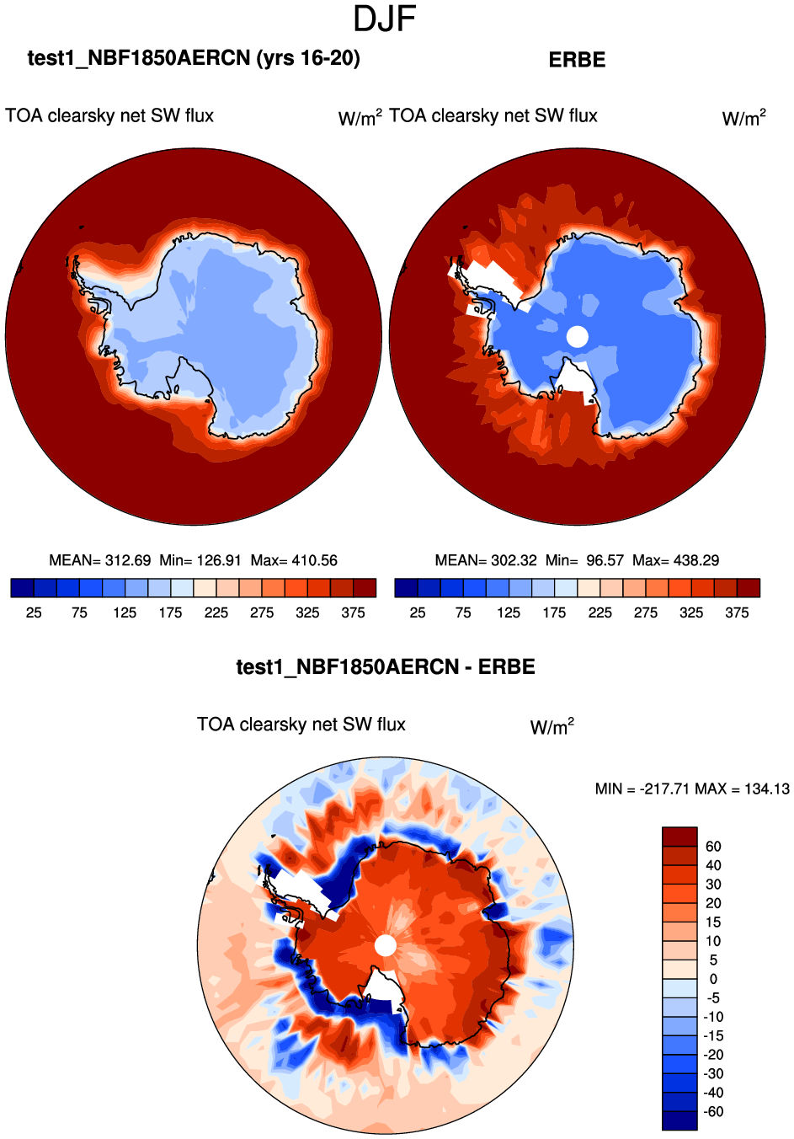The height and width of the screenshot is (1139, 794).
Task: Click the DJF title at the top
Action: [385, 19]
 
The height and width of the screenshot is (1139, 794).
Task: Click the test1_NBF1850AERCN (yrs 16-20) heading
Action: [194, 58]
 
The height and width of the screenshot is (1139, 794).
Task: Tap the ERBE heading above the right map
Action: [577, 60]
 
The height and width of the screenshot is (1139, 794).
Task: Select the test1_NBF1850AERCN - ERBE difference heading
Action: [386, 667]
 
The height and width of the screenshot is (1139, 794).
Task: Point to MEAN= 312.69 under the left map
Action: [100, 560]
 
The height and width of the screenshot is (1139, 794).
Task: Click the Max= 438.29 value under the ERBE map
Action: [675, 560]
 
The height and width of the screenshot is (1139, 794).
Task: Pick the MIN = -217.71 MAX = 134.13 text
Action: [692, 789]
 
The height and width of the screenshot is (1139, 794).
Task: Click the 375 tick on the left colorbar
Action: [353, 612]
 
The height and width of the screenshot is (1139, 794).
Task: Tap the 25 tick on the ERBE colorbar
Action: [418, 612]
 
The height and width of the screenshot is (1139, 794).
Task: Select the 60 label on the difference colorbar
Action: [713, 847]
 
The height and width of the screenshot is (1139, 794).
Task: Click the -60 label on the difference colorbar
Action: [712, 1112]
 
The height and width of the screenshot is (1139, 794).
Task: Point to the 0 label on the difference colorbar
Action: [713, 979]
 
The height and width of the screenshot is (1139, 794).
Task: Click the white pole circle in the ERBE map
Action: [577, 337]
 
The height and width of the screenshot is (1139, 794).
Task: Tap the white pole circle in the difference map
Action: [385, 945]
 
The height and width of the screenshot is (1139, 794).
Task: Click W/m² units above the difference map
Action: [552, 727]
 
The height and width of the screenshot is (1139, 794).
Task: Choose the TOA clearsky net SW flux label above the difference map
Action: [301, 725]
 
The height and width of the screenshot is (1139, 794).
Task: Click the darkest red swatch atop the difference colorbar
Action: [679, 837]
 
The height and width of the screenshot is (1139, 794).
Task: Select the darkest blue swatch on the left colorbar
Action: [23, 588]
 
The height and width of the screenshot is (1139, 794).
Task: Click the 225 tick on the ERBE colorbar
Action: [599, 612]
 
